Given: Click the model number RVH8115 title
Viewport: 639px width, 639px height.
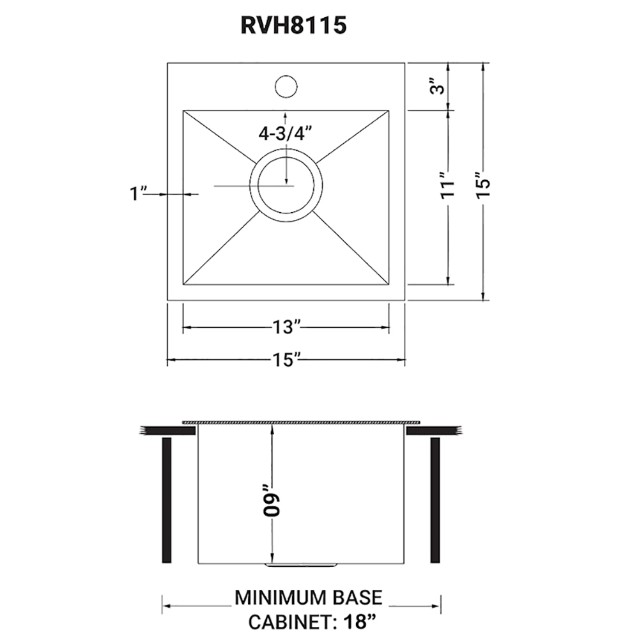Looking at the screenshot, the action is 293,26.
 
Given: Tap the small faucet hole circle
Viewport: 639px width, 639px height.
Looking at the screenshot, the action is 286,86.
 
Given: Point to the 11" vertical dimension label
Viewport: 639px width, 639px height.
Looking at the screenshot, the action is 447,186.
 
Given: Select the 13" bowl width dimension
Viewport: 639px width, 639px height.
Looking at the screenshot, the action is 286,327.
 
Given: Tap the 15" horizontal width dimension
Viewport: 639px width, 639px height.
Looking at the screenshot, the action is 286,360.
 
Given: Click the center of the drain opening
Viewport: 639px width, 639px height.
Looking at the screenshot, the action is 286,185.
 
